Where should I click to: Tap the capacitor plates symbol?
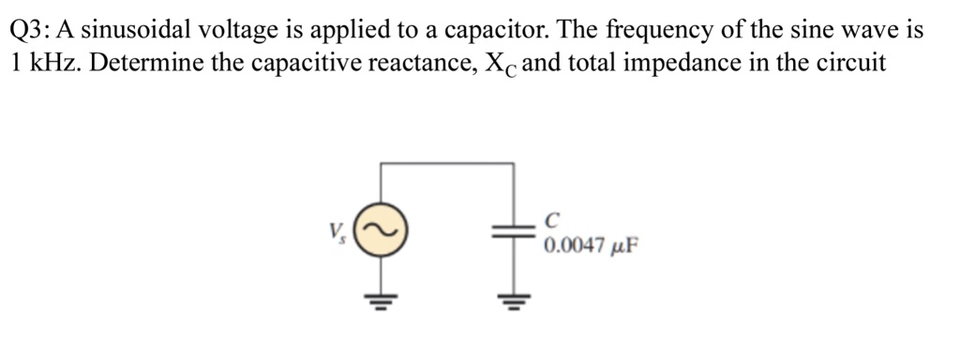514,234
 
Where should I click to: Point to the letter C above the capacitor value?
551,220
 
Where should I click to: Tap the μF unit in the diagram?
625,248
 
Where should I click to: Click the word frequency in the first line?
652,31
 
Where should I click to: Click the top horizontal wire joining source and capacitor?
448,163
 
